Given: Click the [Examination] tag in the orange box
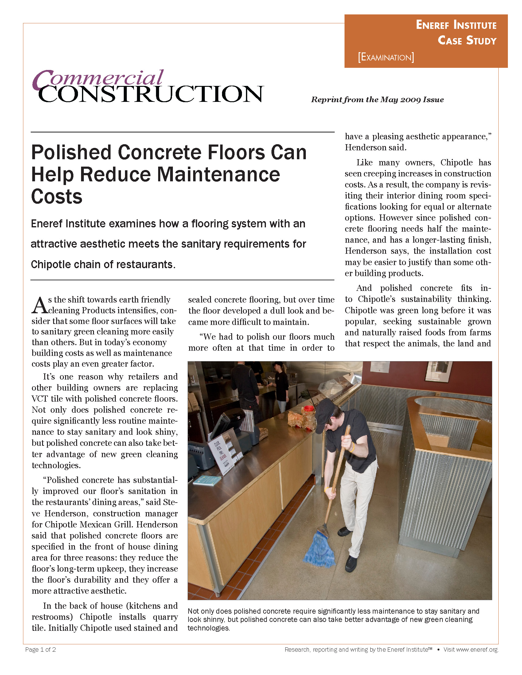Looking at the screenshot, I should pyautogui.click(x=386, y=57).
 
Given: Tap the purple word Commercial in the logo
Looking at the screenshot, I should pyautogui.click(x=98, y=79).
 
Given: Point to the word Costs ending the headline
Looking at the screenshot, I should pyautogui.click(x=57, y=197).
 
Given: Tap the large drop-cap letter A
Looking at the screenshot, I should pyautogui.click(x=39, y=306).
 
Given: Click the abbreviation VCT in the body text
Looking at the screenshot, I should pyautogui.click(x=40, y=399).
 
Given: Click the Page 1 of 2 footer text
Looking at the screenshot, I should pyautogui.click(x=41, y=650).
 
